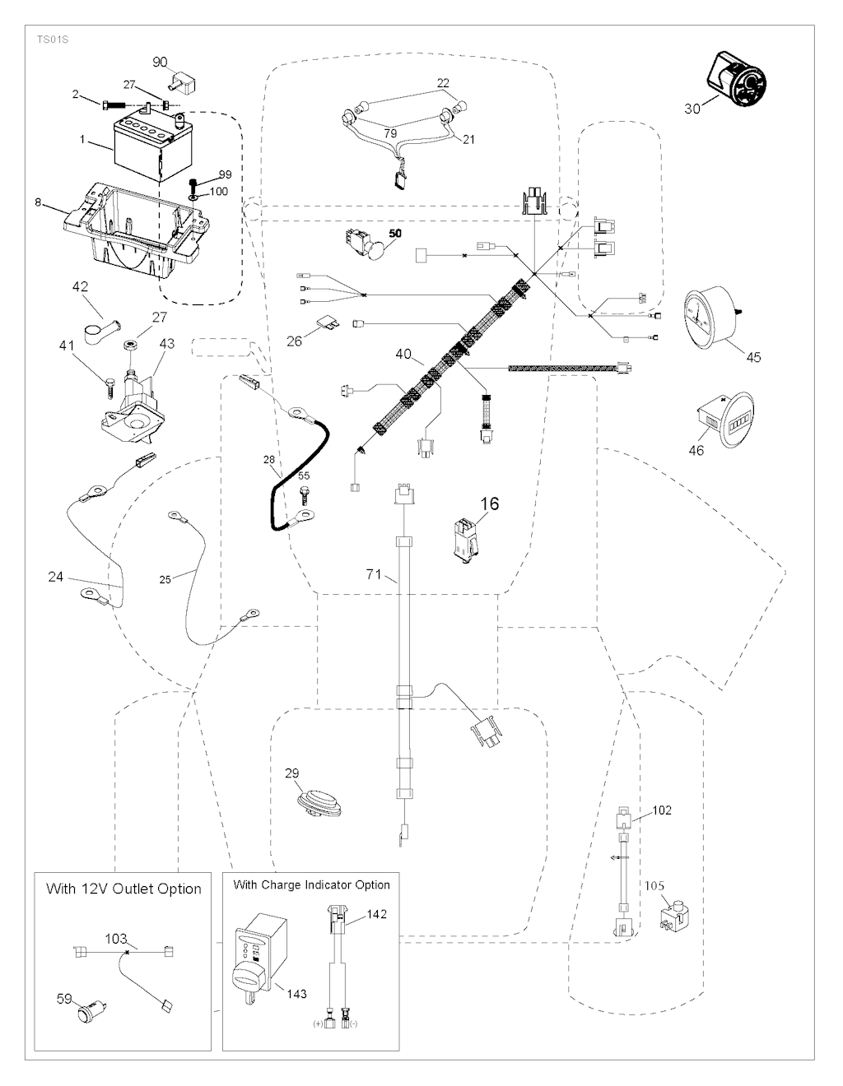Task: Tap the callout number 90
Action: coord(160,63)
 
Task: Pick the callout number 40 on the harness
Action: coord(403,354)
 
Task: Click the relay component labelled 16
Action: coord(464,540)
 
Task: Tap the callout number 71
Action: coord(374,574)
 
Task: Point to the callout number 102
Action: coord(661,810)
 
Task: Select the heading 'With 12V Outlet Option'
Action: coord(123,889)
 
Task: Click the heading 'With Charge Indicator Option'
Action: coord(311,885)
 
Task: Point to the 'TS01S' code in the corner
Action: coord(51,38)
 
